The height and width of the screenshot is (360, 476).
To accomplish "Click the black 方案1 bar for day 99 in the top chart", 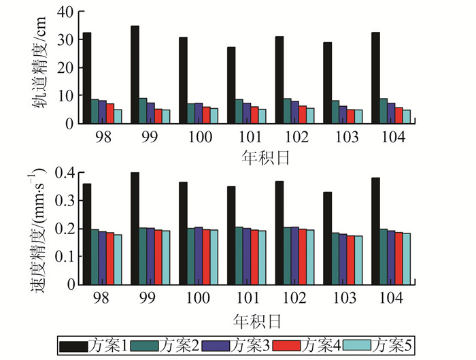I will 135,75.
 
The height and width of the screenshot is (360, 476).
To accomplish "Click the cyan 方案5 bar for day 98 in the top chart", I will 118,116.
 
